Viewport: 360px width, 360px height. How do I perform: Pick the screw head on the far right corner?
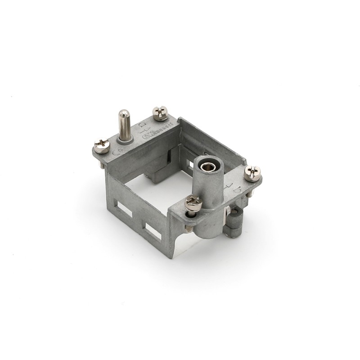click(252, 173)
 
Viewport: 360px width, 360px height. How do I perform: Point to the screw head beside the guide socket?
click(193, 202)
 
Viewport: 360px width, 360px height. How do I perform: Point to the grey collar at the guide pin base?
click(125, 140)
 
